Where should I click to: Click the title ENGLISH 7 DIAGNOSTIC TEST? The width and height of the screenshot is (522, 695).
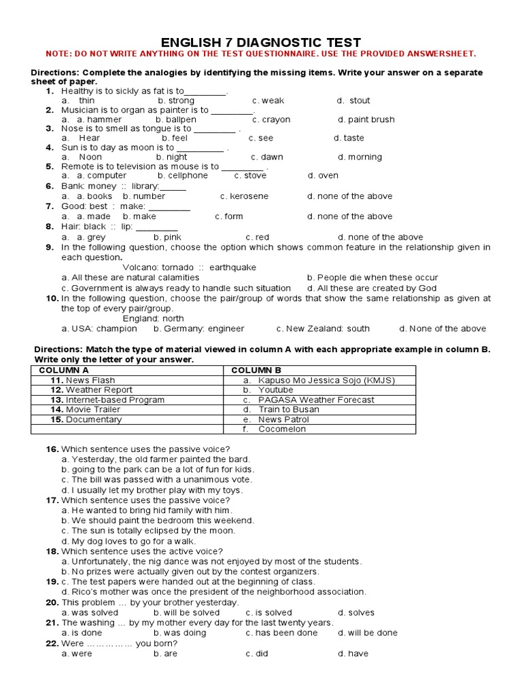[260, 42]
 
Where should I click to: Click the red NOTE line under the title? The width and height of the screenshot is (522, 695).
[260, 54]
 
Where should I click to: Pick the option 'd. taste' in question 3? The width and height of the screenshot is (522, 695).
[349, 138]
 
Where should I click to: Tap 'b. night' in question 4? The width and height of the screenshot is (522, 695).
[171, 157]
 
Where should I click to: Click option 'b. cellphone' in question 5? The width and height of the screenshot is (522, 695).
[181, 175]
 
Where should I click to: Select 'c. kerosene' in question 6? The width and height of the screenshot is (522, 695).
[244, 196]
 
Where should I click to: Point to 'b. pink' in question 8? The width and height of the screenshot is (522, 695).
[167, 238]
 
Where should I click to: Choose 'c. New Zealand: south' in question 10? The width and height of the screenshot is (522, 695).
[323, 328]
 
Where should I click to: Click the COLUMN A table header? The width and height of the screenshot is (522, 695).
[64, 370]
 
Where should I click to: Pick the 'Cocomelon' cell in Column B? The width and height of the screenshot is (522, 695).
[282, 429]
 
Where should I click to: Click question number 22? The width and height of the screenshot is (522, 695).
[52, 643]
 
